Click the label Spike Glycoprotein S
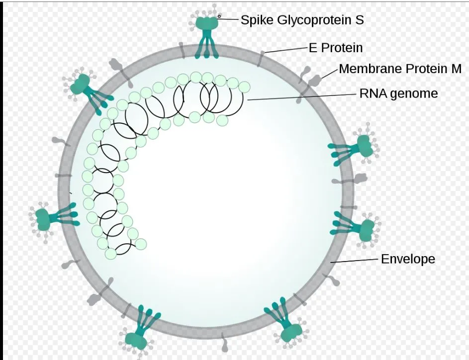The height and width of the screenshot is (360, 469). (x=302, y=20)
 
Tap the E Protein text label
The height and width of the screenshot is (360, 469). (x=336, y=48)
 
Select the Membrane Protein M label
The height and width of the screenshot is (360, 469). (x=400, y=69)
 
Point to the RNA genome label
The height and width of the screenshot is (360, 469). (x=398, y=93)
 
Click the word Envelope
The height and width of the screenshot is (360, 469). (x=408, y=259)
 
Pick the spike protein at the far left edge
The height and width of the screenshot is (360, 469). (x=47, y=217)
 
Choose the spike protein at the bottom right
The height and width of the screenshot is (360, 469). (x=287, y=323)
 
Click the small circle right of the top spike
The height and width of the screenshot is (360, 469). (x=219, y=16)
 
